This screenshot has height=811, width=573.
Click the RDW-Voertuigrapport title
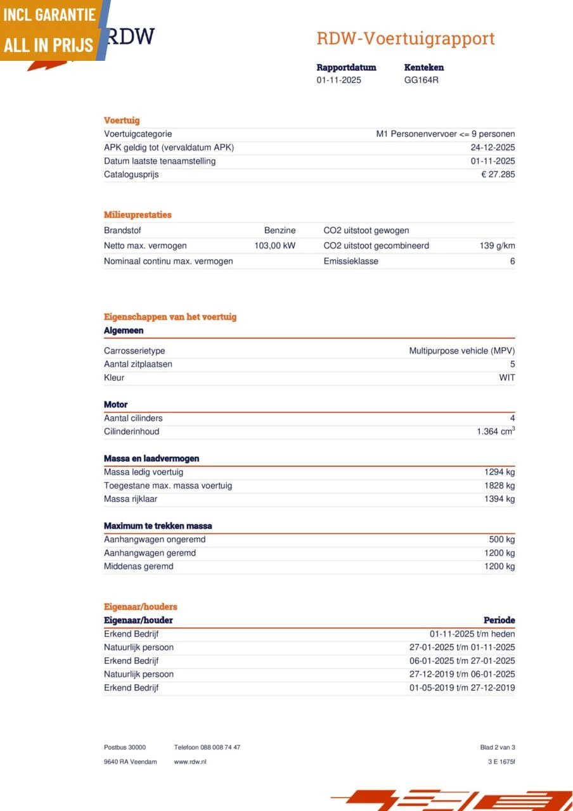[x=405, y=39]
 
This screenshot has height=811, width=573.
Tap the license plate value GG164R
[x=421, y=80]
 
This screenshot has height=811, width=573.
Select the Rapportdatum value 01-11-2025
[x=339, y=80]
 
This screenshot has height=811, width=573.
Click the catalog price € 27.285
[x=498, y=175]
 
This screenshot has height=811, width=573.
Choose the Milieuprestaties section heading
[x=138, y=215]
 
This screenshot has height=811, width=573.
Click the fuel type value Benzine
[x=280, y=231]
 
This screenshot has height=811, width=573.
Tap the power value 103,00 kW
[x=274, y=246]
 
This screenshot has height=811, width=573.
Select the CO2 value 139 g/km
[x=497, y=246]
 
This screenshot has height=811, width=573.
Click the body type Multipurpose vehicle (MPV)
[x=461, y=351]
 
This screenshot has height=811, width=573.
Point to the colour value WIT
[x=506, y=378]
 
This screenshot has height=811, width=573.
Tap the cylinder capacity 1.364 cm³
[x=496, y=431]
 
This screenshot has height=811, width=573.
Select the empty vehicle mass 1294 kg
[x=499, y=472]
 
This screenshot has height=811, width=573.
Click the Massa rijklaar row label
[x=131, y=499]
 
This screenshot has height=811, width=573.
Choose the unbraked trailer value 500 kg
[x=502, y=540]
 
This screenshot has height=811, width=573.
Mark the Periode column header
[x=499, y=620]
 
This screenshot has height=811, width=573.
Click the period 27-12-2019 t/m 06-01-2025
[x=462, y=674]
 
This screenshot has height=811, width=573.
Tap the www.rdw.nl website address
[x=190, y=762]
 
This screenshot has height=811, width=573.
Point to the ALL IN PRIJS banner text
[x=49, y=45]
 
